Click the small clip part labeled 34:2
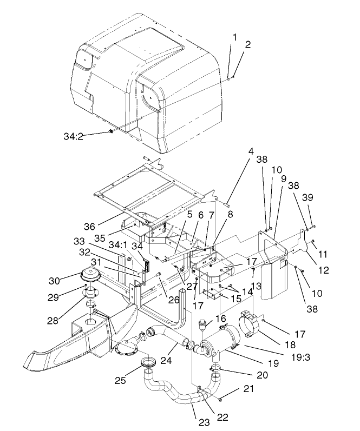point(110,130)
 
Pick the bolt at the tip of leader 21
point(221,399)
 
